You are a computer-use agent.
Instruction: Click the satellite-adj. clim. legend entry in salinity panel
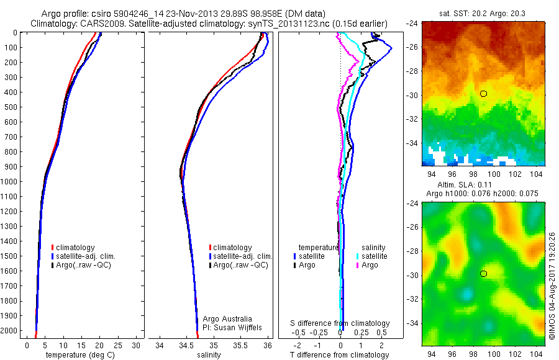242,256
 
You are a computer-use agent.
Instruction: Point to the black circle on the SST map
483,94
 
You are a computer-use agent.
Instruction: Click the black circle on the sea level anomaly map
483,274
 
